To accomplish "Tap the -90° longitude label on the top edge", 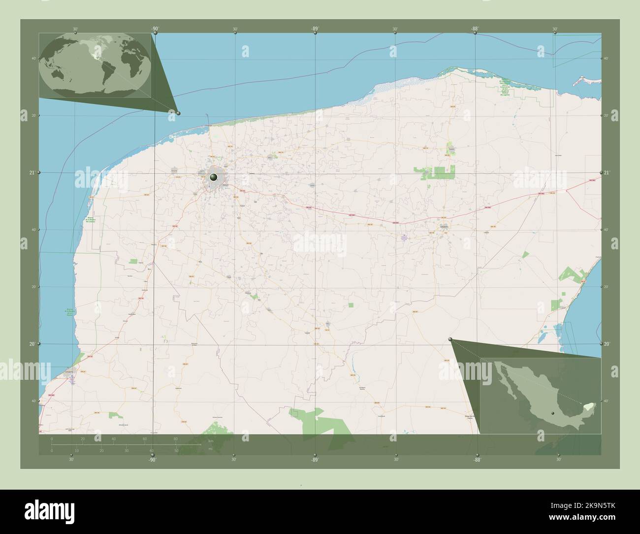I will tap(155, 29).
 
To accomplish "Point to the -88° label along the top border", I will tap(475, 29).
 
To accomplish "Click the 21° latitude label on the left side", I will tap(32, 172).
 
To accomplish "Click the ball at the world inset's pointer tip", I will tap(178, 113).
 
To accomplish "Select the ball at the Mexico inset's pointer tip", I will tap(450, 338).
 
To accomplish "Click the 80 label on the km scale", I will tap(175, 438).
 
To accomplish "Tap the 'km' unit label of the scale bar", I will tap(210, 441).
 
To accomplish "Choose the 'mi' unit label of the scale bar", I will tap(210, 449).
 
